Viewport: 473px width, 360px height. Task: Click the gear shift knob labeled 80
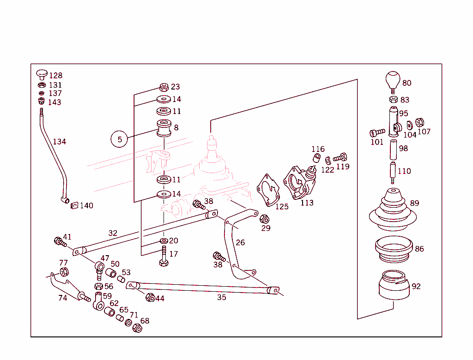click(x=392, y=80)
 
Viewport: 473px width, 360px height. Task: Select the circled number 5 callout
click(x=120, y=139)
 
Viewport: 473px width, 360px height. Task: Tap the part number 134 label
click(x=59, y=142)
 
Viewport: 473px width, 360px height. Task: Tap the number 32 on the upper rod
click(x=113, y=234)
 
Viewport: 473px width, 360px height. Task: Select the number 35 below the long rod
click(x=222, y=298)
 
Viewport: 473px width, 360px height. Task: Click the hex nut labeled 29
click(x=265, y=218)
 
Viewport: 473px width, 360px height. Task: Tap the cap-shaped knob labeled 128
click(x=42, y=74)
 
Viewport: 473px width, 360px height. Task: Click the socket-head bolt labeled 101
click(x=377, y=133)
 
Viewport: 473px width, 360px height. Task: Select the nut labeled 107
click(x=420, y=123)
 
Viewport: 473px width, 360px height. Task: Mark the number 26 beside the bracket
click(x=240, y=243)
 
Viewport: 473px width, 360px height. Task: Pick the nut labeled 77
click(x=64, y=272)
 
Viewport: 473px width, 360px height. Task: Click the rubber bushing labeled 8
click(x=164, y=128)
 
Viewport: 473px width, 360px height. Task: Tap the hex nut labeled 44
click(x=150, y=298)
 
